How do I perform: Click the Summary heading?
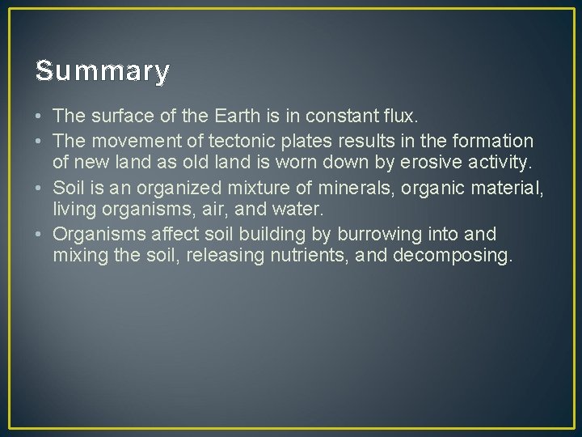[x=103, y=72]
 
